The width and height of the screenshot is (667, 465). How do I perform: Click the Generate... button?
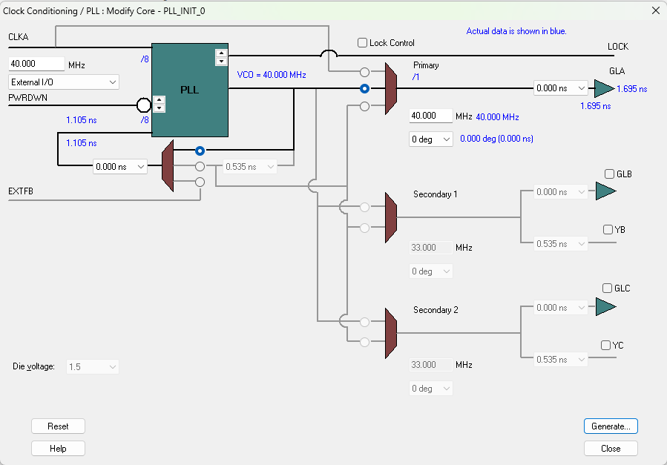(611, 426)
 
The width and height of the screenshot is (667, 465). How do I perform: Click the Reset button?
(58, 426)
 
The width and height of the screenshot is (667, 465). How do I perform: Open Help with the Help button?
(58, 449)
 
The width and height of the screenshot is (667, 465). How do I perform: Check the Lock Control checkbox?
(363, 43)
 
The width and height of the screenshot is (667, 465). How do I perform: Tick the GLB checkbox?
(609, 174)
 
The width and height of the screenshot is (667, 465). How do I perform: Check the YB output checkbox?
(608, 230)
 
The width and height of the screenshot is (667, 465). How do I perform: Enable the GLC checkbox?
(608, 288)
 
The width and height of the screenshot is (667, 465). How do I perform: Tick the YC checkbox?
(606, 346)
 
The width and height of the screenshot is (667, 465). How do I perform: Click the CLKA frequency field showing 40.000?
(36, 65)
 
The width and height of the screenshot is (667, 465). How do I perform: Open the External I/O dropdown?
(63, 82)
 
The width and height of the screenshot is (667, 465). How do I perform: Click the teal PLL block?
(189, 90)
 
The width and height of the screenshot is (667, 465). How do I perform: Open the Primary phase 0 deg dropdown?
(431, 139)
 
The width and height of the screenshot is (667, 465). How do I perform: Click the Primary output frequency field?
(431, 116)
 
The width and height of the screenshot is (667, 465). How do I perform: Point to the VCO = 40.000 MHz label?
(272, 75)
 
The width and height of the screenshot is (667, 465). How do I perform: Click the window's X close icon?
(655, 10)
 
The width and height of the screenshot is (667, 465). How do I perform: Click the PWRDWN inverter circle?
(145, 105)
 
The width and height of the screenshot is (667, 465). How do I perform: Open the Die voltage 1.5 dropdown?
(93, 366)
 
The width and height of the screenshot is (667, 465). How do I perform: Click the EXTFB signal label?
(21, 192)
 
